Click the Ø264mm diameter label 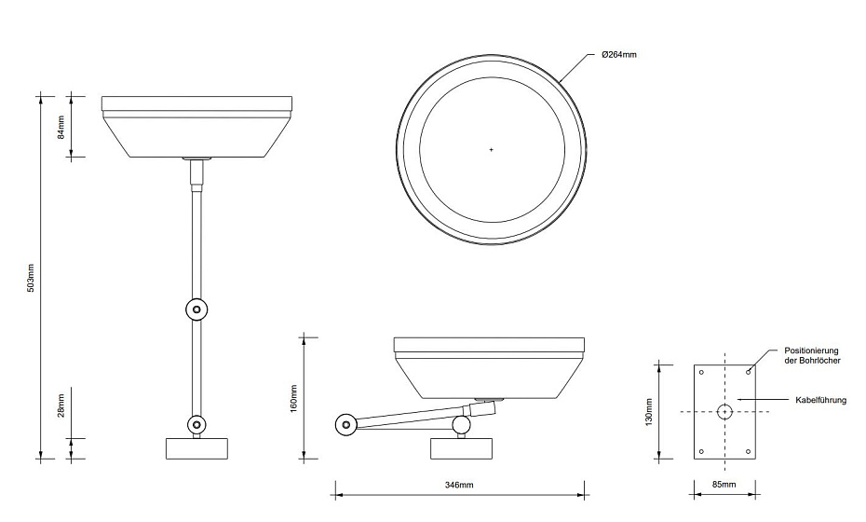(618, 54)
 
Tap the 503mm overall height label (31, 278)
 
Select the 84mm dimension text (61, 127)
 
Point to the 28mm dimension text (61, 405)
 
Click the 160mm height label (294, 398)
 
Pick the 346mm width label (459, 485)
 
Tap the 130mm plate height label (650, 412)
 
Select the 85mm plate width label (724, 485)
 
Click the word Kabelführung (820, 400)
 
